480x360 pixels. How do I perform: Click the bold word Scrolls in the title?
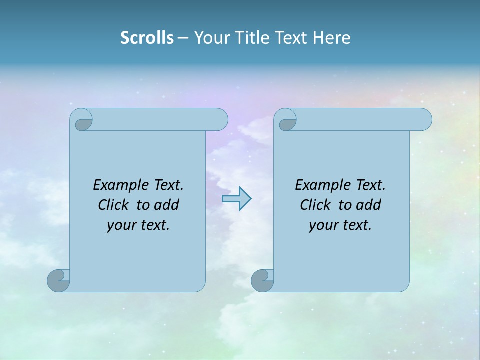tap(147, 38)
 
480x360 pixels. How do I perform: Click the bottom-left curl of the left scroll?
tap(58, 280)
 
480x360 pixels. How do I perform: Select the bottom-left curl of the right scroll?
tap(262, 280)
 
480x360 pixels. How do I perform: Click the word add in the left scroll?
tap(167, 205)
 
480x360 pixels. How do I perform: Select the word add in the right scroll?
tap(369, 205)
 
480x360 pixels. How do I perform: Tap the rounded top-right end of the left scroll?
tap(220, 120)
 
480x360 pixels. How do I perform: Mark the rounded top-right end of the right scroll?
tap(424, 120)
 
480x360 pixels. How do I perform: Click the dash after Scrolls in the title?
tap(183, 38)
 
